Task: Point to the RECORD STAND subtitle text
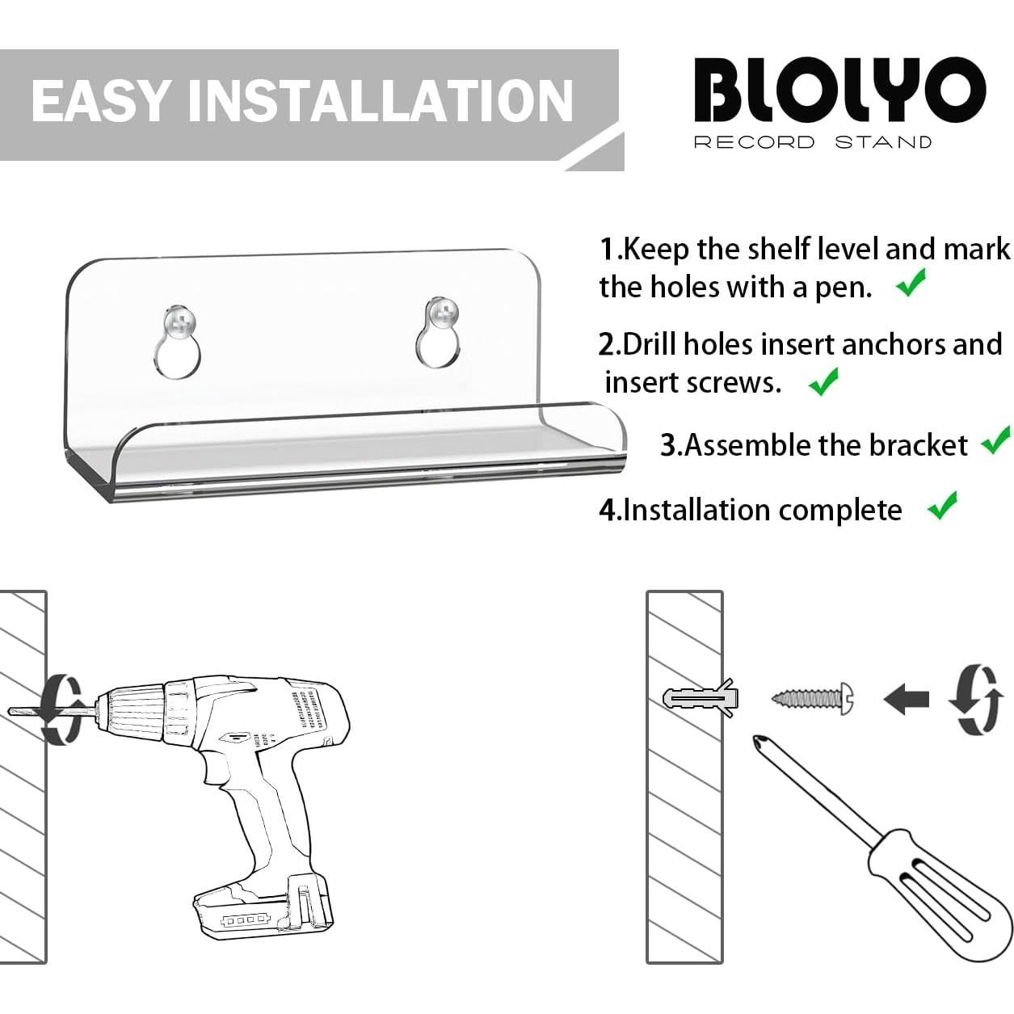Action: coord(812,143)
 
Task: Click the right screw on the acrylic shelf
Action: coord(442,313)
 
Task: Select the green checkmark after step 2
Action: coord(823,381)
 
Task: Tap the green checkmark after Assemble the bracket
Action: coord(995,441)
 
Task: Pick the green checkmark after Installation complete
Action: coord(942,506)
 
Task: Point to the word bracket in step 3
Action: coord(924,445)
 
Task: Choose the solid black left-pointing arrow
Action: coord(906,699)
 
